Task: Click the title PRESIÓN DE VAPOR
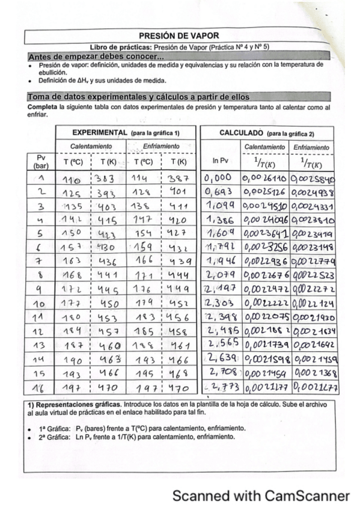pos(179,36)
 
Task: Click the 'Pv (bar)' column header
pos(41,161)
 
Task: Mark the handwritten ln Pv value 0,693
pos(218,192)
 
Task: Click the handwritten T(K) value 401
pos(178,192)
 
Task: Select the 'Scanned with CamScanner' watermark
pos(261,496)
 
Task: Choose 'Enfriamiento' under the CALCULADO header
pos(311,147)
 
